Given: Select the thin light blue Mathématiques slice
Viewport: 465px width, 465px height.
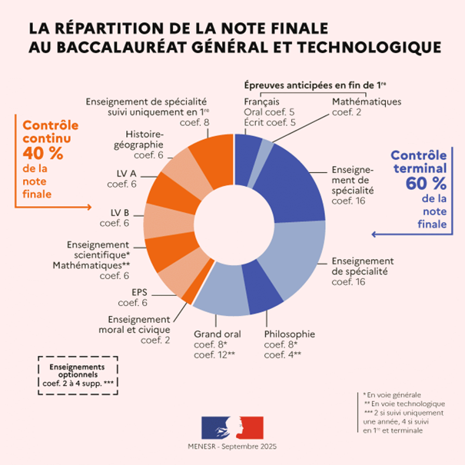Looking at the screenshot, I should click(x=265, y=148).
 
